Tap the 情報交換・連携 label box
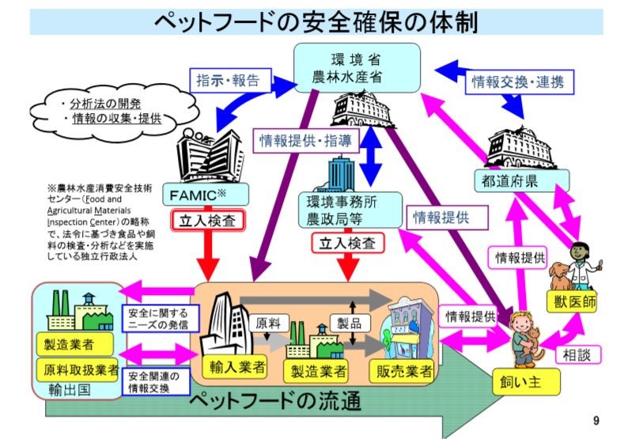click(x=522, y=81)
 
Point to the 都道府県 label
click(x=510, y=180)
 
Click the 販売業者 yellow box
click(x=401, y=369)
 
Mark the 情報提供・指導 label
click(x=306, y=141)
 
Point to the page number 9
click(x=595, y=420)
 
